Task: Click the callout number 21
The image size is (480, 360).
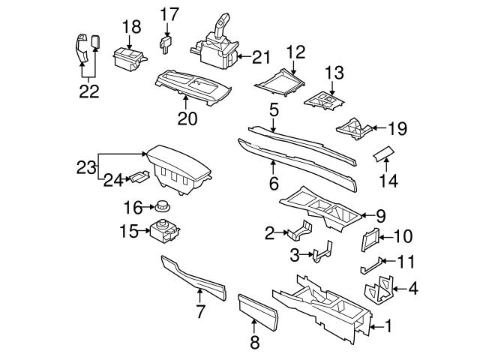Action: tap(260, 56)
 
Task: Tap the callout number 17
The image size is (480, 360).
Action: tap(169, 13)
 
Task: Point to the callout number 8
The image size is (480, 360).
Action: tap(253, 343)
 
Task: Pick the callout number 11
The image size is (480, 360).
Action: tap(405, 262)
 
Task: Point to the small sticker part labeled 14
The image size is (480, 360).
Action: tap(383, 154)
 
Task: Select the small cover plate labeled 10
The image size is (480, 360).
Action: tap(370, 238)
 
